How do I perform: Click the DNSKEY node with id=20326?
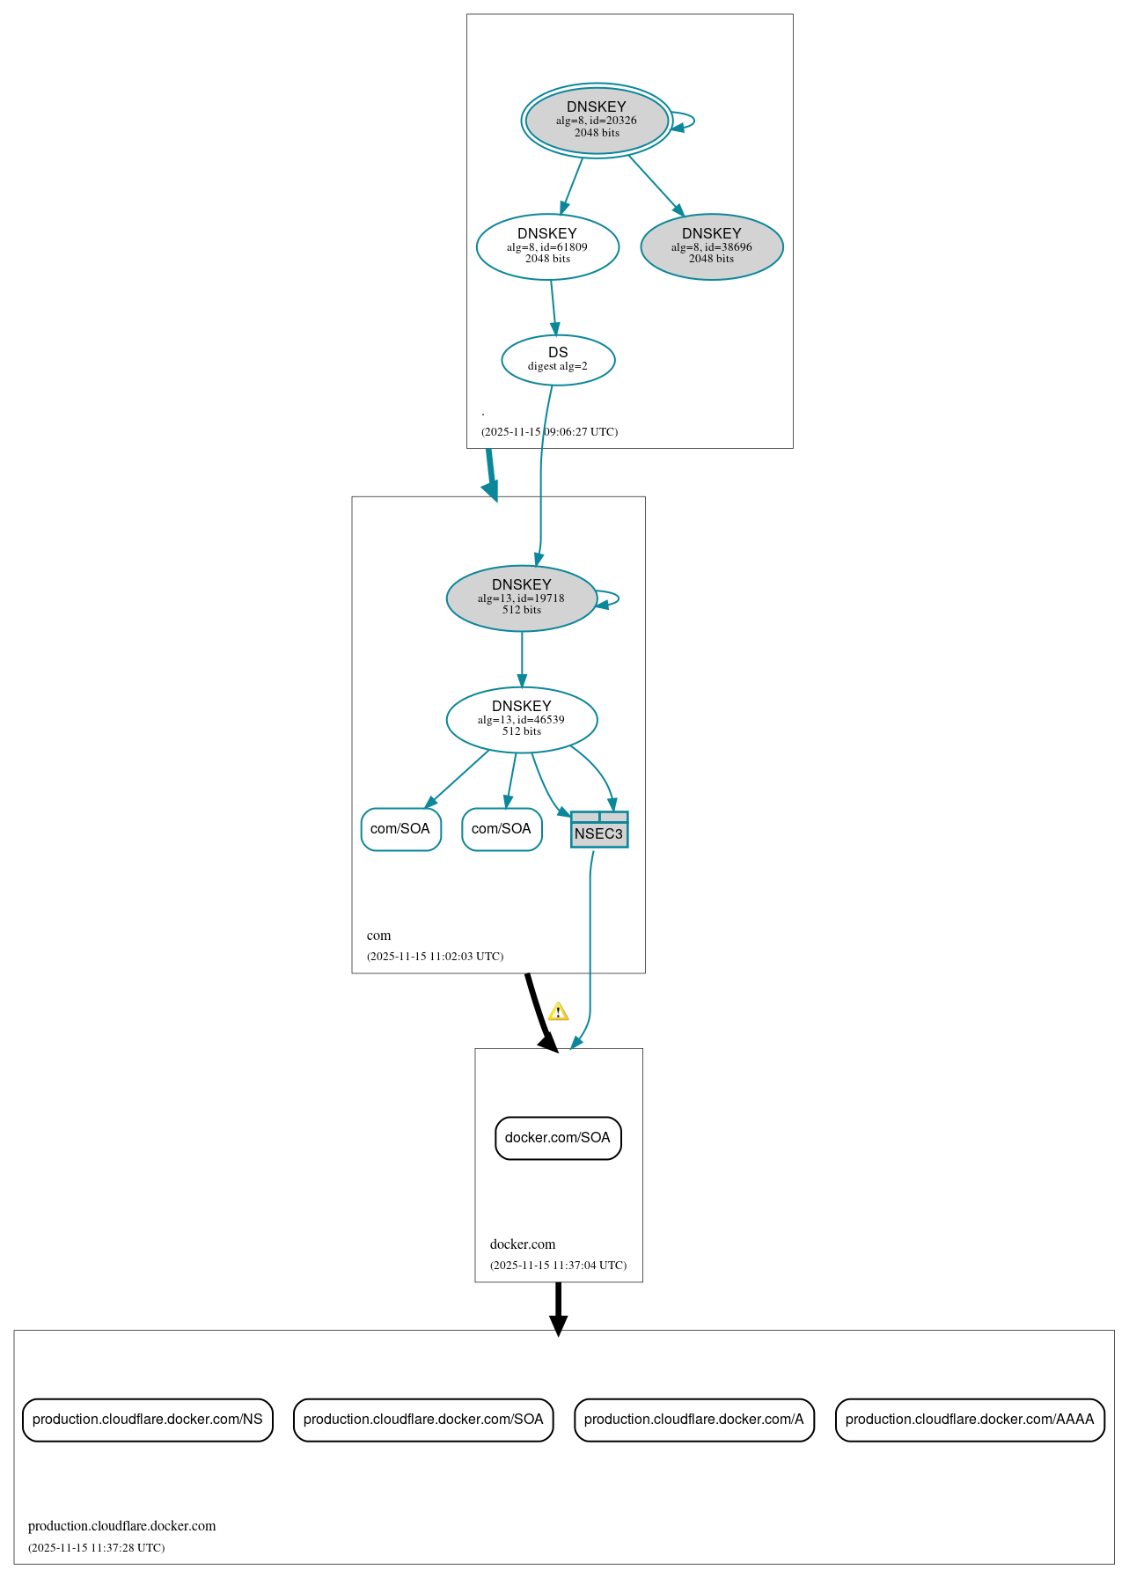click(597, 121)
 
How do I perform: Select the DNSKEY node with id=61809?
click(547, 246)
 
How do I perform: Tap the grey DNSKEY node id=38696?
click(711, 246)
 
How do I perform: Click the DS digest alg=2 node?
click(558, 359)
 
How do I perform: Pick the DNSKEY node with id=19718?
click(522, 598)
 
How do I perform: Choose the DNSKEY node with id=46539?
click(522, 719)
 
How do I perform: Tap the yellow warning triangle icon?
click(558, 1012)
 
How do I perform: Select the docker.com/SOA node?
click(558, 1138)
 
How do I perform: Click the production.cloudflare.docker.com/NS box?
click(148, 1420)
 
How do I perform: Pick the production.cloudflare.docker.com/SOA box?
click(423, 1420)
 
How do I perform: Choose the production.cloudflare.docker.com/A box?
click(694, 1420)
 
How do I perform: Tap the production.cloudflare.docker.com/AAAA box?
click(970, 1420)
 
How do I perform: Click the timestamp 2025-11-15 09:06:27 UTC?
click(549, 432)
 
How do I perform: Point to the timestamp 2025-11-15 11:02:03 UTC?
click(435, 957)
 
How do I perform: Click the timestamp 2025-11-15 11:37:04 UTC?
click(558, 1266)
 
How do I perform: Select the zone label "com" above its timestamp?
click(378, 936)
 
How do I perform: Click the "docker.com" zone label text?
click(523, 1244)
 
